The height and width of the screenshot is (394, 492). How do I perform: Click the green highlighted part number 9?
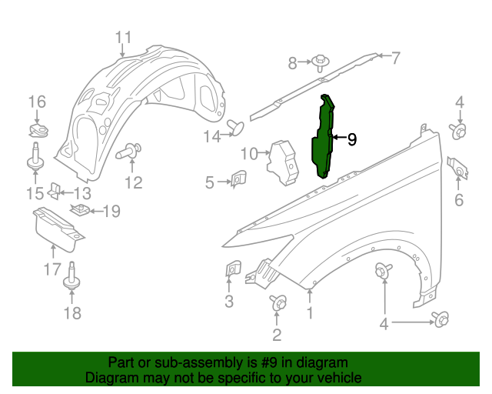pyautogui.click(x=324, y=139)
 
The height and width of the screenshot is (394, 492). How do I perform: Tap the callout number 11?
pyautogui.click(x=124, y=37)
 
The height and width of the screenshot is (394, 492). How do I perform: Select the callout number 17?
pyautogui.click(x=52, y=269)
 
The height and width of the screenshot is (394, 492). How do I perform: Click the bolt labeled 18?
pyautogui.click(x=71, y=276)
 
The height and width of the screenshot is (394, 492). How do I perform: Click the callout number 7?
pyautogui.click(x=396, y=56)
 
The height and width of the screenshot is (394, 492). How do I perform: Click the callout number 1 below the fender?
pyautogui.click(x=311, y=313)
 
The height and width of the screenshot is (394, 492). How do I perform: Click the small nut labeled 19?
pyautogui.click(x=79, y=209)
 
